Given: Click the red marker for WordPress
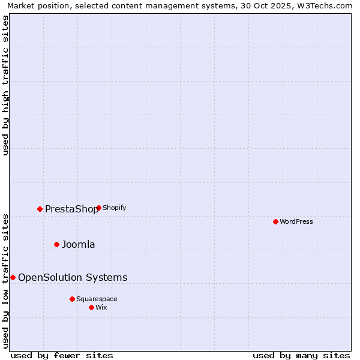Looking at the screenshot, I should point(275,221).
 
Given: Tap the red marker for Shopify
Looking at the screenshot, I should point(98,208).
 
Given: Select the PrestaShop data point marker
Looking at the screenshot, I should point(40,209).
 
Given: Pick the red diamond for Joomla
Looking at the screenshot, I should point(56,244).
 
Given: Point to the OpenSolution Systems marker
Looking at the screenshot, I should point(13,277).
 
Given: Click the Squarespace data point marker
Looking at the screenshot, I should point(72,299).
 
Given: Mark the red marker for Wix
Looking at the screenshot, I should point(91,307).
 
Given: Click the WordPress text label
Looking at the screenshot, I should point(296,221).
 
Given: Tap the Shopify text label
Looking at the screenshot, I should point(115,208).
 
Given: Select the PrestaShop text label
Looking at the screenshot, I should point(71,209).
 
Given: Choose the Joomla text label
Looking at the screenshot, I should point(79,244).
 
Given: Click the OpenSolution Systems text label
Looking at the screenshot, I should point(73,277).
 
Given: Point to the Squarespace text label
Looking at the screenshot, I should point(97,299).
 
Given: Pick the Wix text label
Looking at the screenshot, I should point(101,307).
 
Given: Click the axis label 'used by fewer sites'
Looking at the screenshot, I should point(62,356).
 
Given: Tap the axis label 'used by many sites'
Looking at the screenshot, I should point(301,356).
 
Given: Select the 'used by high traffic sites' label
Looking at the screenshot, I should point(5,85).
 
